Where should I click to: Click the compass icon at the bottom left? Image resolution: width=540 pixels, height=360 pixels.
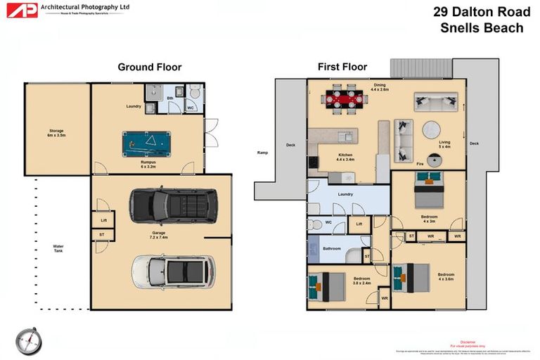(x=29, y=341)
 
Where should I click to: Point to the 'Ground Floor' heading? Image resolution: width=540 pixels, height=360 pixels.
(x=149, y=67)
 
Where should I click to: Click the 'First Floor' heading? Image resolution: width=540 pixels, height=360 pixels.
(x=342, y=67)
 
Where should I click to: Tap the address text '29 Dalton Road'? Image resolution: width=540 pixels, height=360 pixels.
(x=482, y=12)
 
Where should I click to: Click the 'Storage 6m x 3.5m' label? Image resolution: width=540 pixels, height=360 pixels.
(x=56, y=131)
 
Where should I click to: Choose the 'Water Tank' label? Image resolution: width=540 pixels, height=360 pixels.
(x=58, y=249)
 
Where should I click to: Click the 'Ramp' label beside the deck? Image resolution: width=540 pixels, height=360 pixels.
(x=263, y=152)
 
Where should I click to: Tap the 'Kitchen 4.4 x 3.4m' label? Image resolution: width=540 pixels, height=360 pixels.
(x=345, y=157)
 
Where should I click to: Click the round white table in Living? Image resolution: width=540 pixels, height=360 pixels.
(x=431, y=130)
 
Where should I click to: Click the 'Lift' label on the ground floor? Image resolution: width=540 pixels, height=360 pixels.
(x=103, y=220)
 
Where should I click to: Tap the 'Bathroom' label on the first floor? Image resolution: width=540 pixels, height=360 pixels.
(x=332, y=248)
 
